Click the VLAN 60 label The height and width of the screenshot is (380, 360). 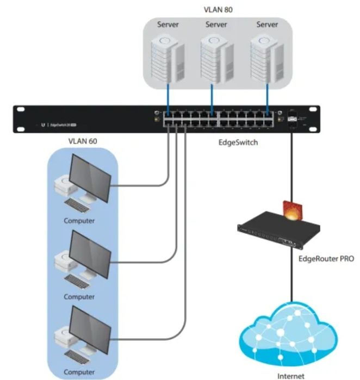tap(82, 141)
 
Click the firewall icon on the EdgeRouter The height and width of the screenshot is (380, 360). tap(293, 211)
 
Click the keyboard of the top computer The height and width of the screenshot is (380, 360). tap(78, 205)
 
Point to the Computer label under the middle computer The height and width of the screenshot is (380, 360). tap(79, 297)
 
